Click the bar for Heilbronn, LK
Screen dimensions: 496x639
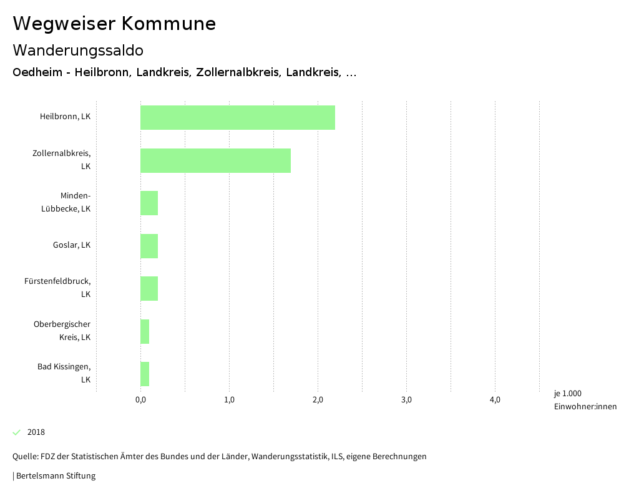pos(237,117)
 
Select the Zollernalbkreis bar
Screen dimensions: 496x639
pos(215,160)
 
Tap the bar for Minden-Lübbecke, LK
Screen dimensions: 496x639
pos(149,203)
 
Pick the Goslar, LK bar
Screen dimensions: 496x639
pos(149,246)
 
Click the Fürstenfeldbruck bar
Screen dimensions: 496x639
pos(149,288)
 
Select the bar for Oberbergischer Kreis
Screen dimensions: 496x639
pos(145,331)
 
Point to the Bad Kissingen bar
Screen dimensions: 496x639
pos(145,374)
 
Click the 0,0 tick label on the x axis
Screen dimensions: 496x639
pos(140,400)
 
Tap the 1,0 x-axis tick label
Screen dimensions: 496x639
pos(229,400)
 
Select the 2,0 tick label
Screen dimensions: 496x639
pos(318,400)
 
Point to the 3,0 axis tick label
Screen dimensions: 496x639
pos(406,400)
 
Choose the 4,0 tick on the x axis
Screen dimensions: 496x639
pos(495,400)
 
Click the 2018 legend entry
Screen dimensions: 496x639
pos(36,432)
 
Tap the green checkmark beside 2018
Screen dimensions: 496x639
pos(17,432)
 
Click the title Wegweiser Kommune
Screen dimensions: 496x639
pos(114,24)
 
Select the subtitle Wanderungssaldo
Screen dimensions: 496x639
pos(78,50)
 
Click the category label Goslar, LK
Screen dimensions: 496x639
pos(72,245)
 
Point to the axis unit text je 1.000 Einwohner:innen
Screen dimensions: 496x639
pos(585,400)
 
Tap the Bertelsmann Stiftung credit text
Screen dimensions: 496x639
pos(56,476)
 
